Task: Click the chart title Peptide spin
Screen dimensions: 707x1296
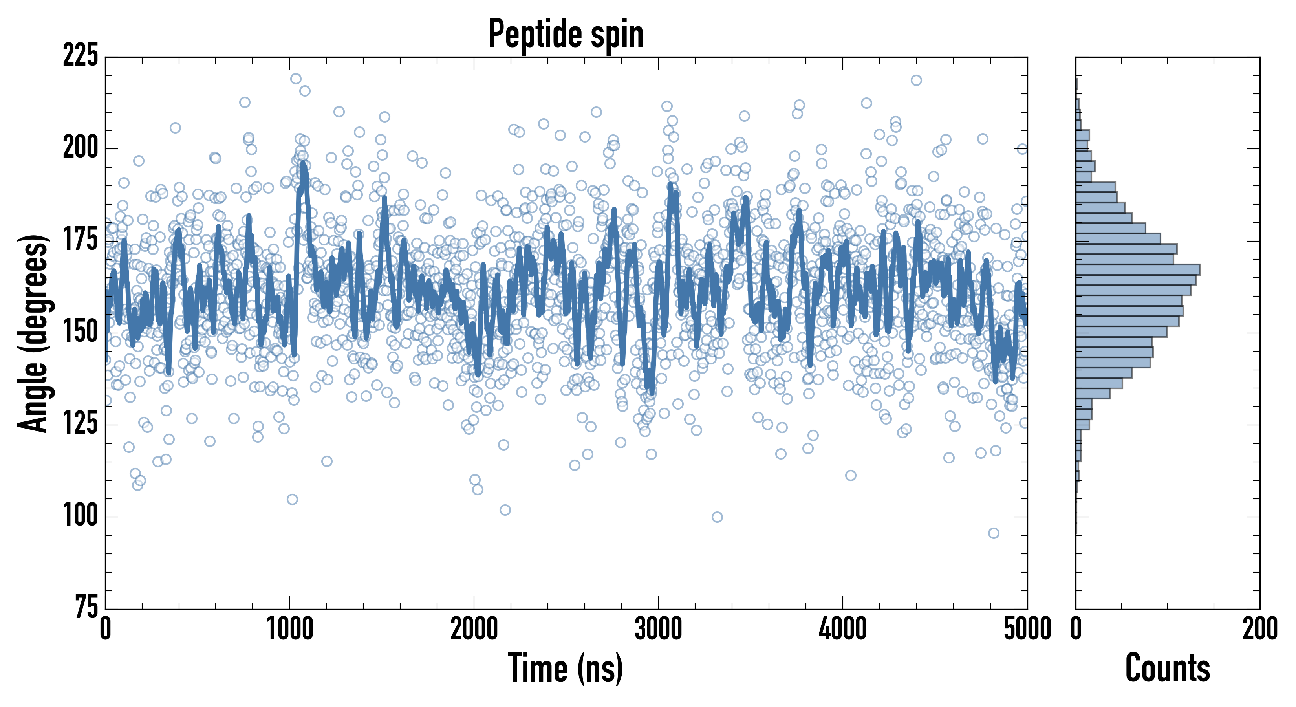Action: click(x=566, y=34)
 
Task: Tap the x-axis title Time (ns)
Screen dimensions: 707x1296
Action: click(x=566, y=668)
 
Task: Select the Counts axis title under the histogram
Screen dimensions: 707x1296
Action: click(x=1167, y=668)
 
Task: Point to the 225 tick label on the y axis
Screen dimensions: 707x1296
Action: click(x=81, y=56)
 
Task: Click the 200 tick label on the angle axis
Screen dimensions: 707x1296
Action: click(x=81, y=148)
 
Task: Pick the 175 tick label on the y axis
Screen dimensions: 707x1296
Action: click(x=81, y=240)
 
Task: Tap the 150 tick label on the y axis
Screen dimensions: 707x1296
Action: click(x=81, y=333)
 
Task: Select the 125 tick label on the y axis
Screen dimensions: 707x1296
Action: click(x=81, y=424)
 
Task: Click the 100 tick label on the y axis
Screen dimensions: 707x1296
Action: click(x=81, y=516)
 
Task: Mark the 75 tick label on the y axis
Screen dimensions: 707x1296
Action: click(x=86, y=608)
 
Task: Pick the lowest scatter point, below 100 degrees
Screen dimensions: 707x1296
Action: click(x=993, y=533)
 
